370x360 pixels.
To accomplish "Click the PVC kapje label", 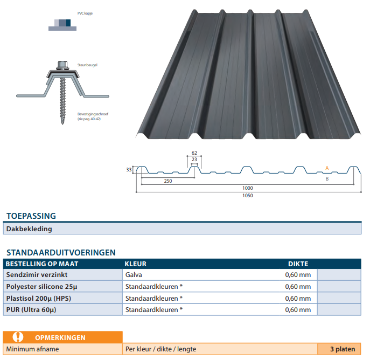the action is (x=85, y=13).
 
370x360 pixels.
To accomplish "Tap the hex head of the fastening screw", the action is (x=62, y=65).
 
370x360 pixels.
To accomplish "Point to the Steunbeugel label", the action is (x=87, y=65).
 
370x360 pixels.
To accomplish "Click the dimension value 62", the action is (x=194, y=153).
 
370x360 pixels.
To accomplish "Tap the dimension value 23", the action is (x=194, y=160).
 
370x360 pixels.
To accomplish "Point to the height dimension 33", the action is (x=129, y=170).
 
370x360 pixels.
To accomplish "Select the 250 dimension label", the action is (x=168, y=181).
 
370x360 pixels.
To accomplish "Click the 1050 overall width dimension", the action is (x=248, y=196).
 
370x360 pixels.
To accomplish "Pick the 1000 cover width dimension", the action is (x=248, y=188).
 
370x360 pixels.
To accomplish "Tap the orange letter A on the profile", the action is (x=327, y=168).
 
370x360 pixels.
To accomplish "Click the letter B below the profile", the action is (x=327, y=179).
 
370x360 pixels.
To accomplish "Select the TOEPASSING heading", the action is (x=31, y=216).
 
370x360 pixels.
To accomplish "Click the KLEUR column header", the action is (x=135, y=264).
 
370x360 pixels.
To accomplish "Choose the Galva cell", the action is (x=134, y=274).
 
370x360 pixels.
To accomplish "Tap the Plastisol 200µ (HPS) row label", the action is (x=38, y=298).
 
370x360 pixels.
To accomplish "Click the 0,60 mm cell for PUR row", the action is (x=298, y=309).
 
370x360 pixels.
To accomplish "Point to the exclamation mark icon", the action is (x=18, y=337).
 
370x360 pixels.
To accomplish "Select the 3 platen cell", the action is (x=343, y=349).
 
